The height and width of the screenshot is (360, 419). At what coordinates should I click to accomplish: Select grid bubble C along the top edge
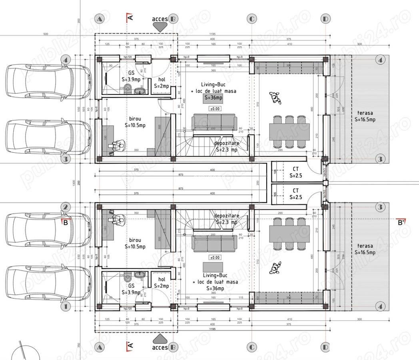[x=252, y=19]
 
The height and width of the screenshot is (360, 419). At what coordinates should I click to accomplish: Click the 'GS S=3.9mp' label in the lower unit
[x=131, y=289]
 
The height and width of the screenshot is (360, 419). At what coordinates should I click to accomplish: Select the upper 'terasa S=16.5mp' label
[x=365, y=116]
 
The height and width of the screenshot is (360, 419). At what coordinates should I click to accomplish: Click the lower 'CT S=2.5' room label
[x=296, y=194]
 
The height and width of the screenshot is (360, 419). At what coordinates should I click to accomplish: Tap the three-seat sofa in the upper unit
[x=213, y=122]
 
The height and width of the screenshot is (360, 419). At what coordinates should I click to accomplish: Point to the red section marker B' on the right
[x=402, y=222]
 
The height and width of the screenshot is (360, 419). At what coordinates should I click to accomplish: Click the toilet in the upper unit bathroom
[x=127, y=88]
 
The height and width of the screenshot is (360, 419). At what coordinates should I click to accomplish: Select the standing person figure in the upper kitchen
[x=275, y=97]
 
